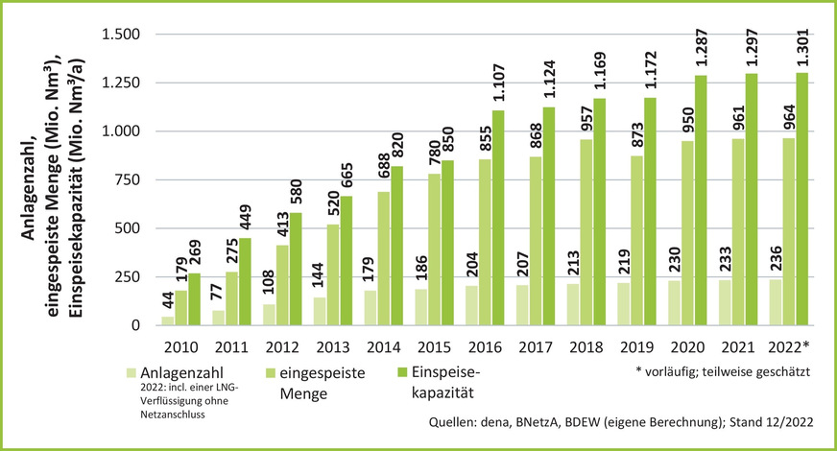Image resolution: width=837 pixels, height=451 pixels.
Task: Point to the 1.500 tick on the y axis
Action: click(x=121, y=35)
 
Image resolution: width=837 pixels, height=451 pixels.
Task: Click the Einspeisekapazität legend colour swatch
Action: click(x=405, y=372)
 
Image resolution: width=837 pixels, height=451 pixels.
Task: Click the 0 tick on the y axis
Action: click(x=135, y=325)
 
